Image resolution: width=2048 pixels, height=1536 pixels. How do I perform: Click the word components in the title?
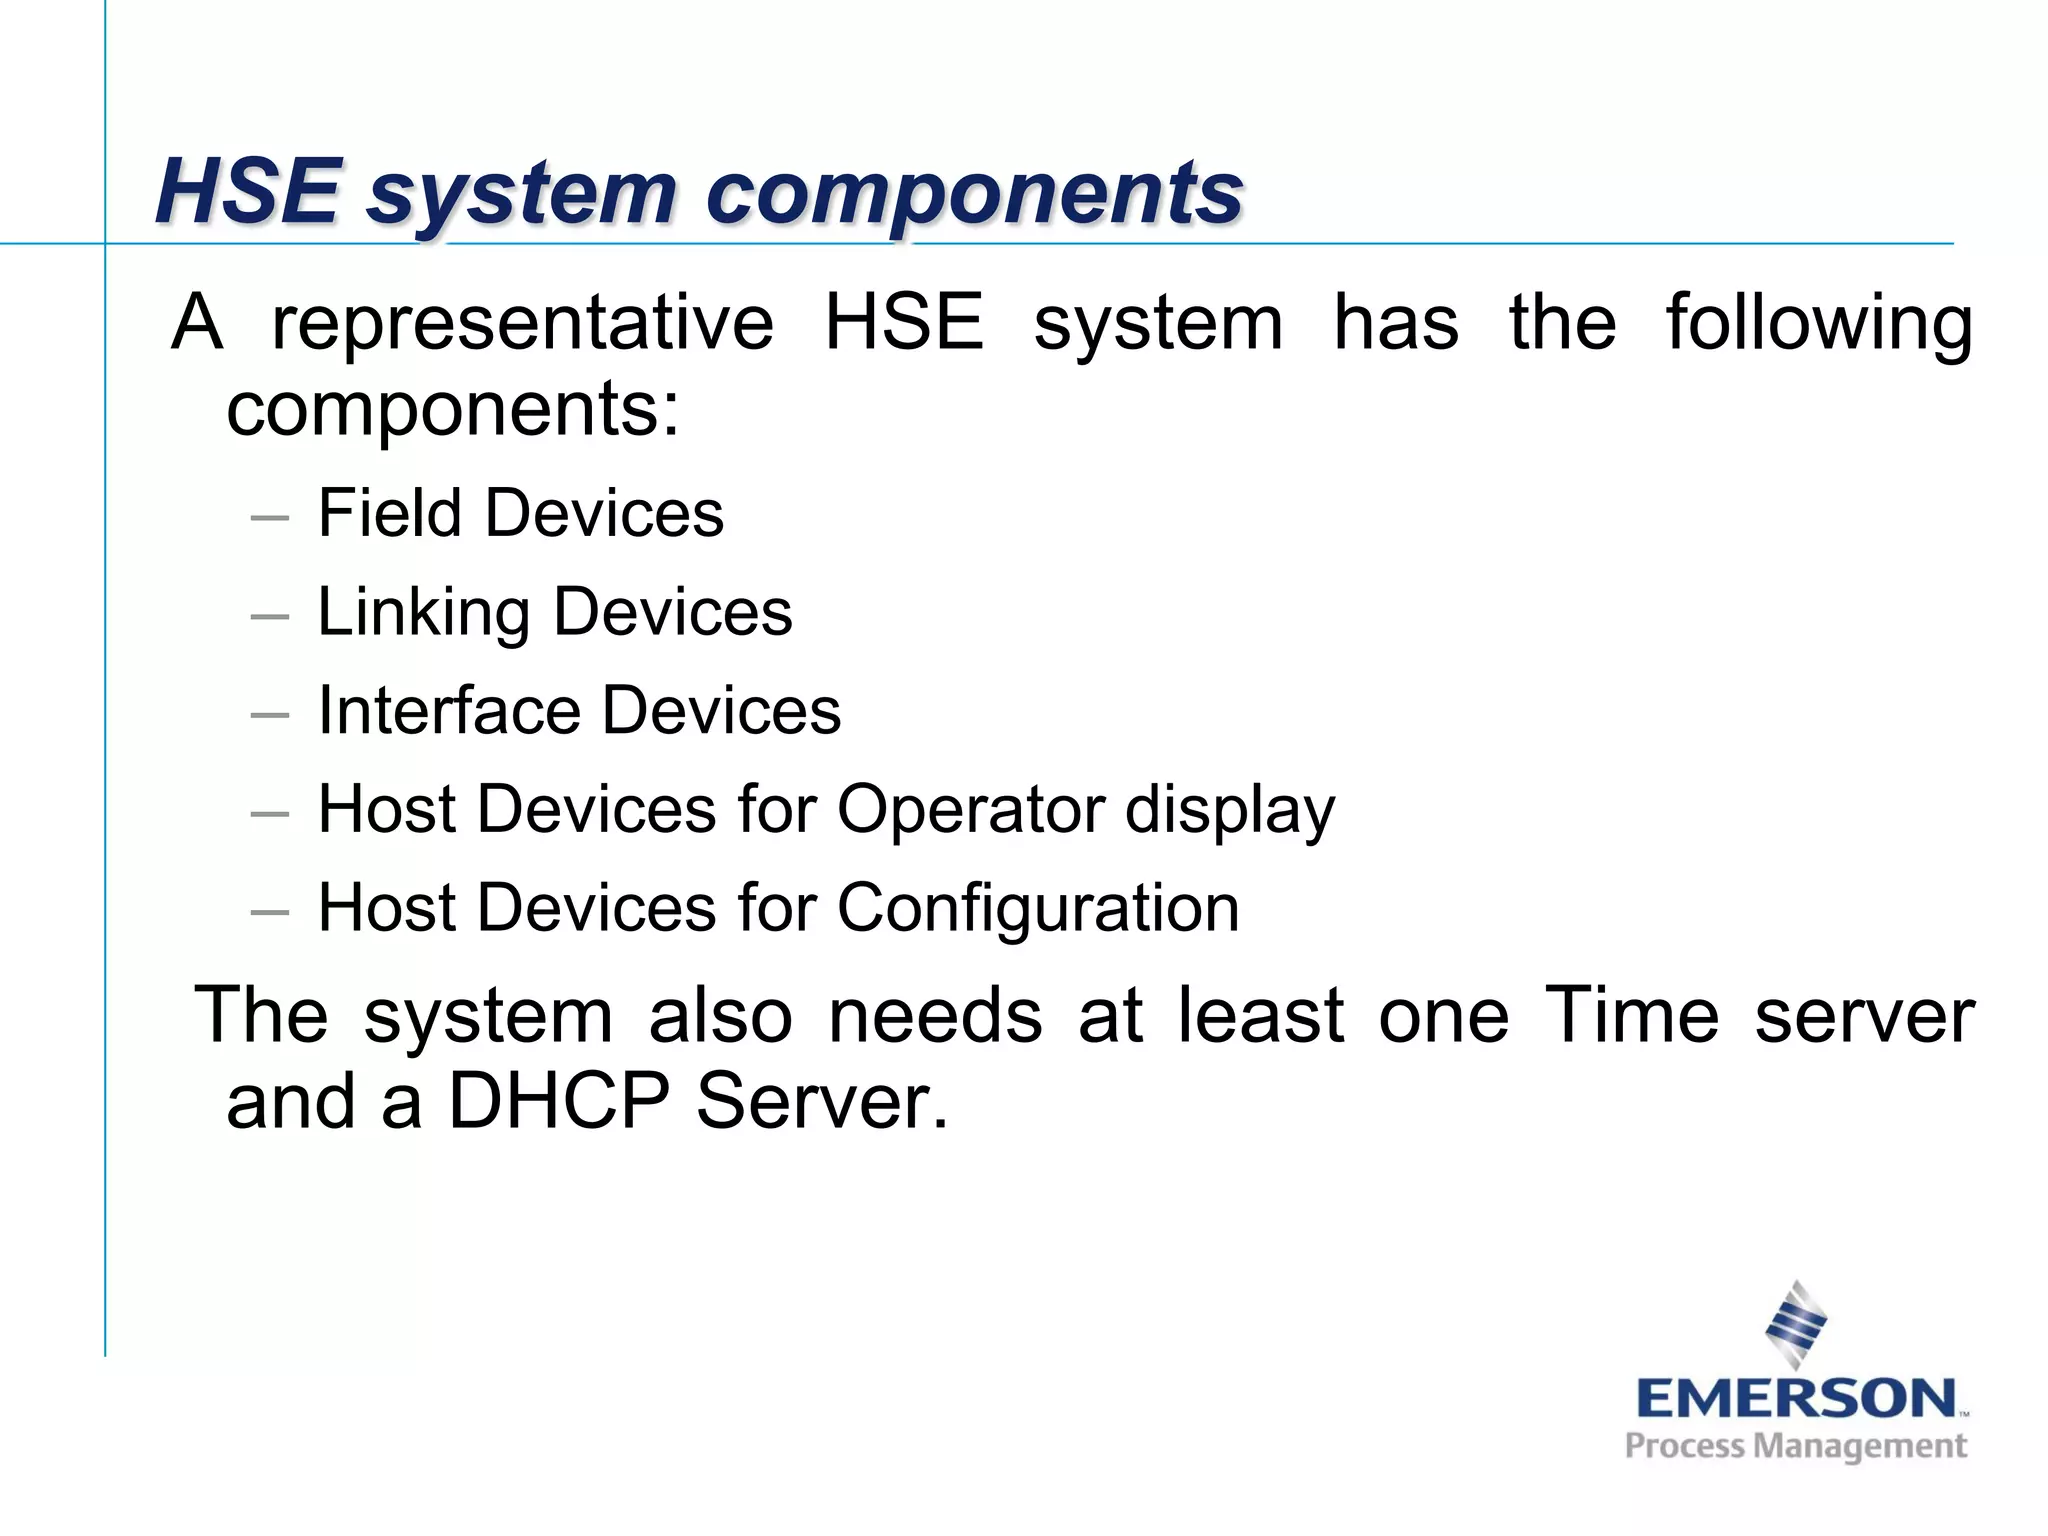click(x=975, y=193)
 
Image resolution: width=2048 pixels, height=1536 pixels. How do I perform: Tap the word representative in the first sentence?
click(x=522, y=323)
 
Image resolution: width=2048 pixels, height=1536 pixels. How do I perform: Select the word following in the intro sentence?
click(x=1819, y=325)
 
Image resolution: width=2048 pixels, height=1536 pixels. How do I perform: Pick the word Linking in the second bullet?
click(x=422, y=612)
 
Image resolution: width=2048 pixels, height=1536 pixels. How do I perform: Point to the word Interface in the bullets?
click(x=447, y=710)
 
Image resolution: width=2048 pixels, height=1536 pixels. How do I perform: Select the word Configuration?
click(x=1038, y=909)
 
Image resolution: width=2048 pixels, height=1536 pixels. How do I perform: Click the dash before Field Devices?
click(x=270, y=518)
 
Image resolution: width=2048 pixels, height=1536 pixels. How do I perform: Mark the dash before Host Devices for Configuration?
click(x=270, y=912)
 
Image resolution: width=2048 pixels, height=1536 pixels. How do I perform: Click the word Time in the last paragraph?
click(x=1631, y=1015)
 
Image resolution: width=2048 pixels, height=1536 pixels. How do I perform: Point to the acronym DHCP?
click(x=558, y=1101)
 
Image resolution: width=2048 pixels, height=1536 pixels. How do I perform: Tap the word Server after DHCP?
click(x=821, y=1101)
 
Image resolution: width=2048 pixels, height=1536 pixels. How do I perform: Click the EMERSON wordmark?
click(x=1795, y=1398)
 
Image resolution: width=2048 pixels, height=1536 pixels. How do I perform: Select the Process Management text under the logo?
click(x=1795, y=1446)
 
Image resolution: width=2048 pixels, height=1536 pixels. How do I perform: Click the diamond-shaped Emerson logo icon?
click(x=1796, y=1323)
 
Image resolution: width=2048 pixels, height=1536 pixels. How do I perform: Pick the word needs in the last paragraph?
click(x=935, y=1015)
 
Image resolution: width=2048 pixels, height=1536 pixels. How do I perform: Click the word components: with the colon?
click(x=453, y=410)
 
